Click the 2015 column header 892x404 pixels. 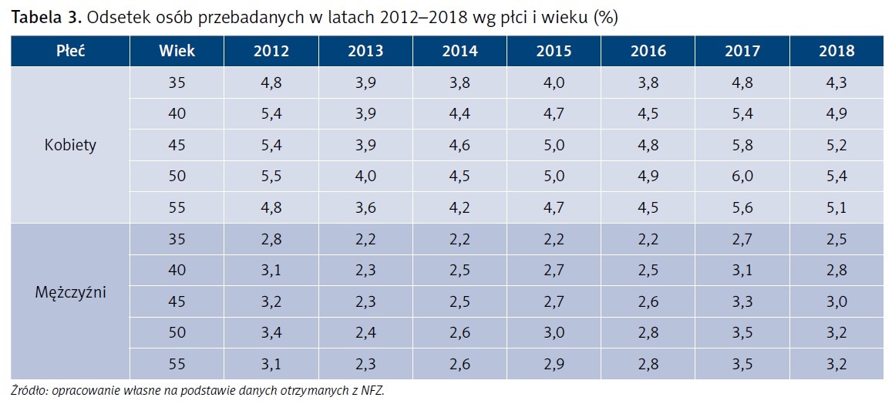pos(554,52)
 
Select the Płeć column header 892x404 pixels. pos(70,52)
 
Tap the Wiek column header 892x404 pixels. pos(177,52)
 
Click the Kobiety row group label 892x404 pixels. pos(70,145)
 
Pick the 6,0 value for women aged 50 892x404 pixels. pos(742,177)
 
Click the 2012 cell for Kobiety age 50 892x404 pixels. pos(271,177)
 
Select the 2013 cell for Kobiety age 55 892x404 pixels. pos(365,207)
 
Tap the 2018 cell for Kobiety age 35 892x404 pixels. pos(836,83)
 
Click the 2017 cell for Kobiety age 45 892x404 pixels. pos(742,145)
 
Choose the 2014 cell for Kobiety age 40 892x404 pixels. pos(459,114)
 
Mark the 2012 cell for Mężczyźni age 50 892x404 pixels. pos(271,332)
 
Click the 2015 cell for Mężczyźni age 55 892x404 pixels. pos(554,363)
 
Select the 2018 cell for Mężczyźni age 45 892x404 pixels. pos(836,301)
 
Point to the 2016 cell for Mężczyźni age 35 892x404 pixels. pos(648,239)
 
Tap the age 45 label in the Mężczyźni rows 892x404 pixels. pos(177,301)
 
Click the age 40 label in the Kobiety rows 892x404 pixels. pos(177,114)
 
